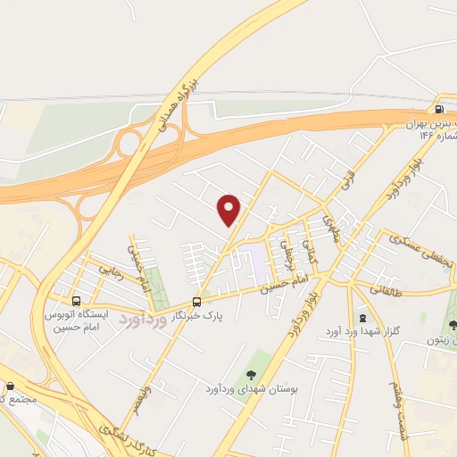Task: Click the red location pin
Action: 230,209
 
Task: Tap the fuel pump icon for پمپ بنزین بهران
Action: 438,111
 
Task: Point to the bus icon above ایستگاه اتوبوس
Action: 76,301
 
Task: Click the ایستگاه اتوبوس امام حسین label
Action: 74,320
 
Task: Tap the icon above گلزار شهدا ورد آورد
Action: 361,317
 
